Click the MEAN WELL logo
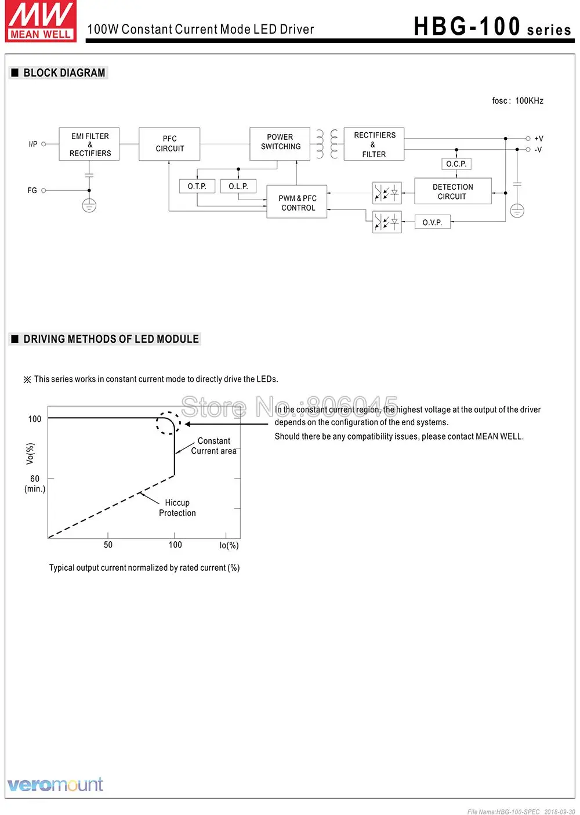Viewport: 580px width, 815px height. point(41,21)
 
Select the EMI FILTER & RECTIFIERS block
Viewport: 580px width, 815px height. point(89,144)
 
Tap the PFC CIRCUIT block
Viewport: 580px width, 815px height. point(169,144)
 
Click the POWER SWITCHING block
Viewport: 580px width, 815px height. point(280,143)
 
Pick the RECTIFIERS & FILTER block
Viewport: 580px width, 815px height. point(374,144)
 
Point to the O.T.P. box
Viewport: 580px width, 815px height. point(197,186)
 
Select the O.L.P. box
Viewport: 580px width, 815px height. point(238,186)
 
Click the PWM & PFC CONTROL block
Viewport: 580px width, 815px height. point(298,202)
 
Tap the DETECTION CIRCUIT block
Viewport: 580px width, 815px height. point(452,191)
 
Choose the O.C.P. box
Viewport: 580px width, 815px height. point(456,164)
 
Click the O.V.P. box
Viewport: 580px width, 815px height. point(433,223)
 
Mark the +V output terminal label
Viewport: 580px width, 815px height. point(539,139)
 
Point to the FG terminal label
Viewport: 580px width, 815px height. point(32,190)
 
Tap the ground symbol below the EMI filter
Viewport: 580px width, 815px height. point(89,205)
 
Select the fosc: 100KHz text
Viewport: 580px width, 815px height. point(517,101)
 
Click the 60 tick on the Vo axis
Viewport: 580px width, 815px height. point(35,479)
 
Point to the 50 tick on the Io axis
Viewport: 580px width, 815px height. point(108,545)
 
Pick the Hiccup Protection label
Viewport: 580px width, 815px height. point(177,508)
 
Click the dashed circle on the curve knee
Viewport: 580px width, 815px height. point(168,423)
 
